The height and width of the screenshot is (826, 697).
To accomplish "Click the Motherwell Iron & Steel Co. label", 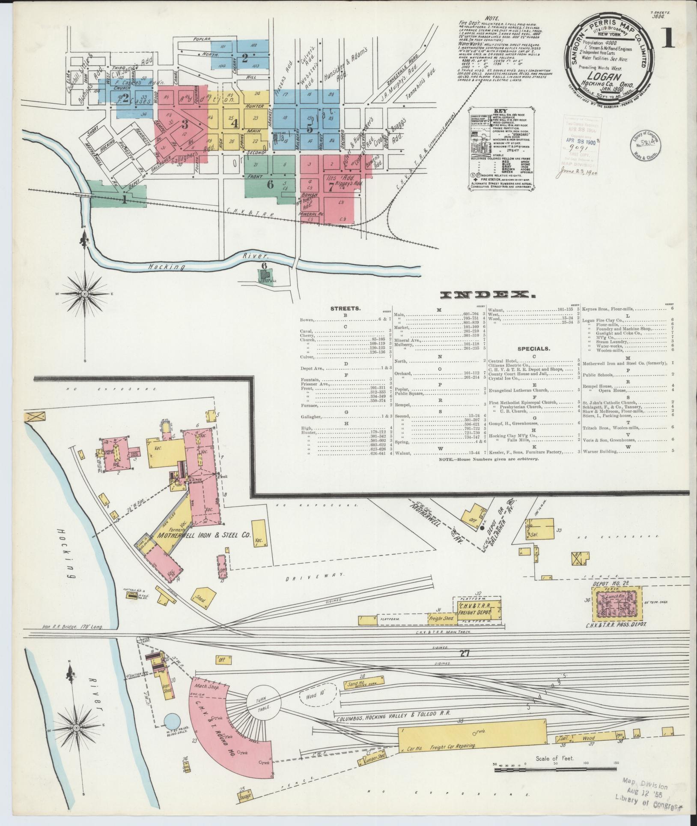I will click(203, 535).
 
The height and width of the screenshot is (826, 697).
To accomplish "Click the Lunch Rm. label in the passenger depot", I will click(616, 597).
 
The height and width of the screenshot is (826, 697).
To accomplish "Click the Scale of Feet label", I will click(554, 758).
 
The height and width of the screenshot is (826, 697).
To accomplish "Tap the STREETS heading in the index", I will click(345, 308).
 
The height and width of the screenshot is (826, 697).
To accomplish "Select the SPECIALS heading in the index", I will click(533, 349).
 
